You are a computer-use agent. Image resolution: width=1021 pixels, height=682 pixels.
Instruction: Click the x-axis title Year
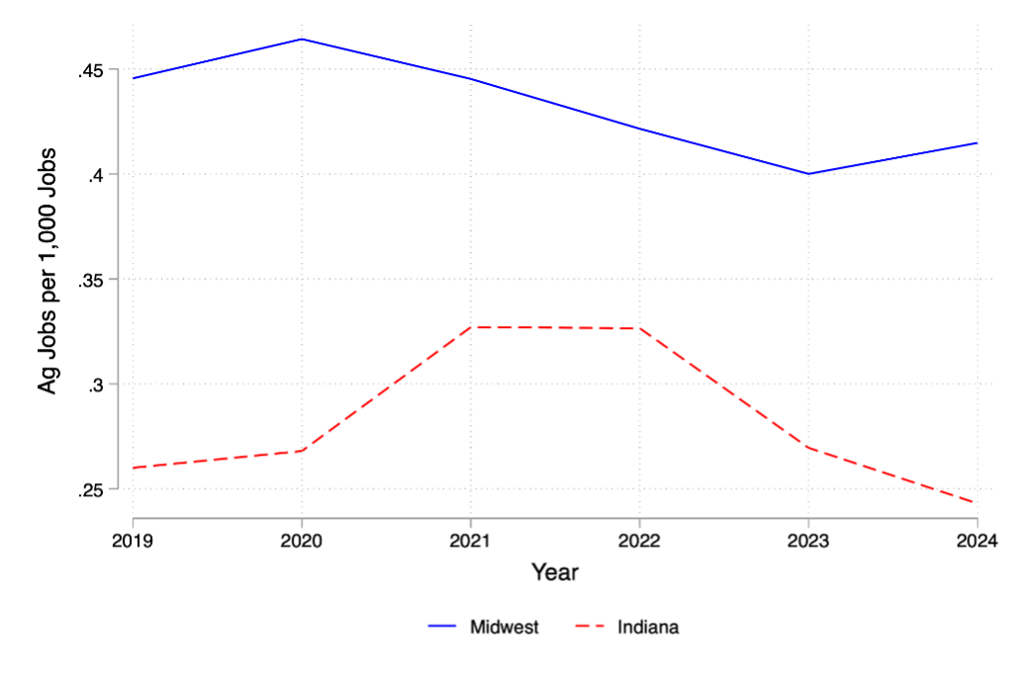point(554,572)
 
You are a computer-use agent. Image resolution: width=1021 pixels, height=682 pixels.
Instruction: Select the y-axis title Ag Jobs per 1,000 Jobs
point(47,272)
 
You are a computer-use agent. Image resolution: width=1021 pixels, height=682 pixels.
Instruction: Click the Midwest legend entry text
point(505,627)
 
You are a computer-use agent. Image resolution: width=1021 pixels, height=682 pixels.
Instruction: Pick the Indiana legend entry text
point(648,627)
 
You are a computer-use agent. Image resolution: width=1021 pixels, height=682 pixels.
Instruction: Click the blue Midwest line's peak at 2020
point(302,40)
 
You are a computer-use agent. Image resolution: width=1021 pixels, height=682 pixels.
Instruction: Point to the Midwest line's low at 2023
point(808,174)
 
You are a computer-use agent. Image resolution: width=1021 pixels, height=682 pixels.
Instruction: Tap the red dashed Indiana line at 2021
point(471,327)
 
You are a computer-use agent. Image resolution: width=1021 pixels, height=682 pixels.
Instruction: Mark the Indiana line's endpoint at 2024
point(975,502)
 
